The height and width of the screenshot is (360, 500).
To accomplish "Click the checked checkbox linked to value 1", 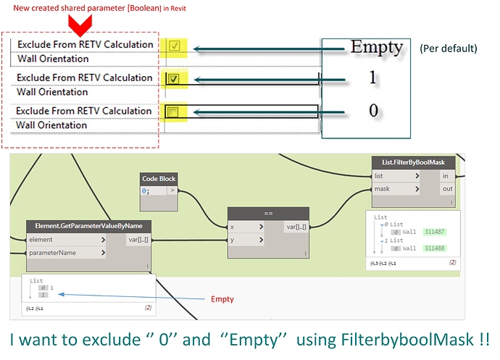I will (174, 79).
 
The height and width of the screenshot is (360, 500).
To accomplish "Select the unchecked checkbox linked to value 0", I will (174, 112).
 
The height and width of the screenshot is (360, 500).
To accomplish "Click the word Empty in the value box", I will (376, 47).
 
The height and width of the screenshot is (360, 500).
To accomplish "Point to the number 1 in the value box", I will (372, 78).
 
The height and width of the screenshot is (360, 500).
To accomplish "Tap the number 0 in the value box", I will (373, 112).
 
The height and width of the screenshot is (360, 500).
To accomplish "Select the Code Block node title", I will (159, 179).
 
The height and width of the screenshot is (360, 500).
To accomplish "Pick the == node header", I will (268, 214).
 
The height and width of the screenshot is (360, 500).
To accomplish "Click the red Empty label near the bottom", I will (222, 298).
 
